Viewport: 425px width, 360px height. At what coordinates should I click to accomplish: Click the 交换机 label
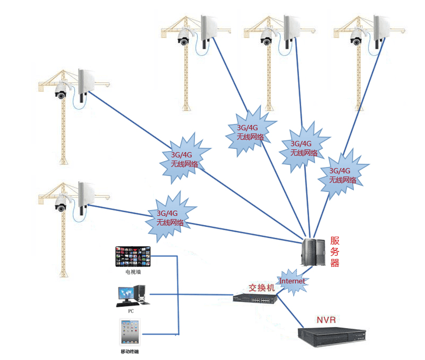point(262,288)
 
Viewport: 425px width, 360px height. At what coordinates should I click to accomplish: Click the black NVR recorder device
point(333,335)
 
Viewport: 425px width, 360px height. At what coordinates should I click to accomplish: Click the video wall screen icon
point(133,256)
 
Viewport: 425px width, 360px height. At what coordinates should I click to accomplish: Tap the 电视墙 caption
point(133,272)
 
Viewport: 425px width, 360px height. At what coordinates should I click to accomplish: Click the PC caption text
point(131,311)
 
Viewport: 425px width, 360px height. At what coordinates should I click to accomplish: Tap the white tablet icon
point(130,332)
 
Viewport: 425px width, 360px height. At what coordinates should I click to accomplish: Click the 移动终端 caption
point(130,351)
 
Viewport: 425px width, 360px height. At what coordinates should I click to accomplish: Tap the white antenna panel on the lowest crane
point(86,194)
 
